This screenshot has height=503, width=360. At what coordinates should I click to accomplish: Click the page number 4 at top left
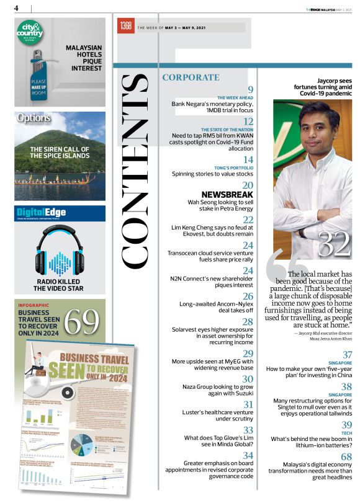pos(16,8)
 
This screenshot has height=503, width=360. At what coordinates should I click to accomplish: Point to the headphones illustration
pos(60,254)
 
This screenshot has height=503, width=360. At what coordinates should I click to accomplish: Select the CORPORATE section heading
pos(190,78)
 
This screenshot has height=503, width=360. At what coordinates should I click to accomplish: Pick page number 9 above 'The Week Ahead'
pos(250,90)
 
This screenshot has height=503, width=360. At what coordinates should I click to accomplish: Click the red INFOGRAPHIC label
pos(34,306)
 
